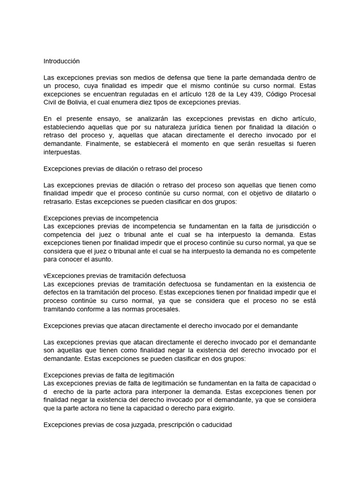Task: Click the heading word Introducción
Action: point(62,61)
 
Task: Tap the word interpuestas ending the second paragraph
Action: point(62,152)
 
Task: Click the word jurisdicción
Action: point(284,226)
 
